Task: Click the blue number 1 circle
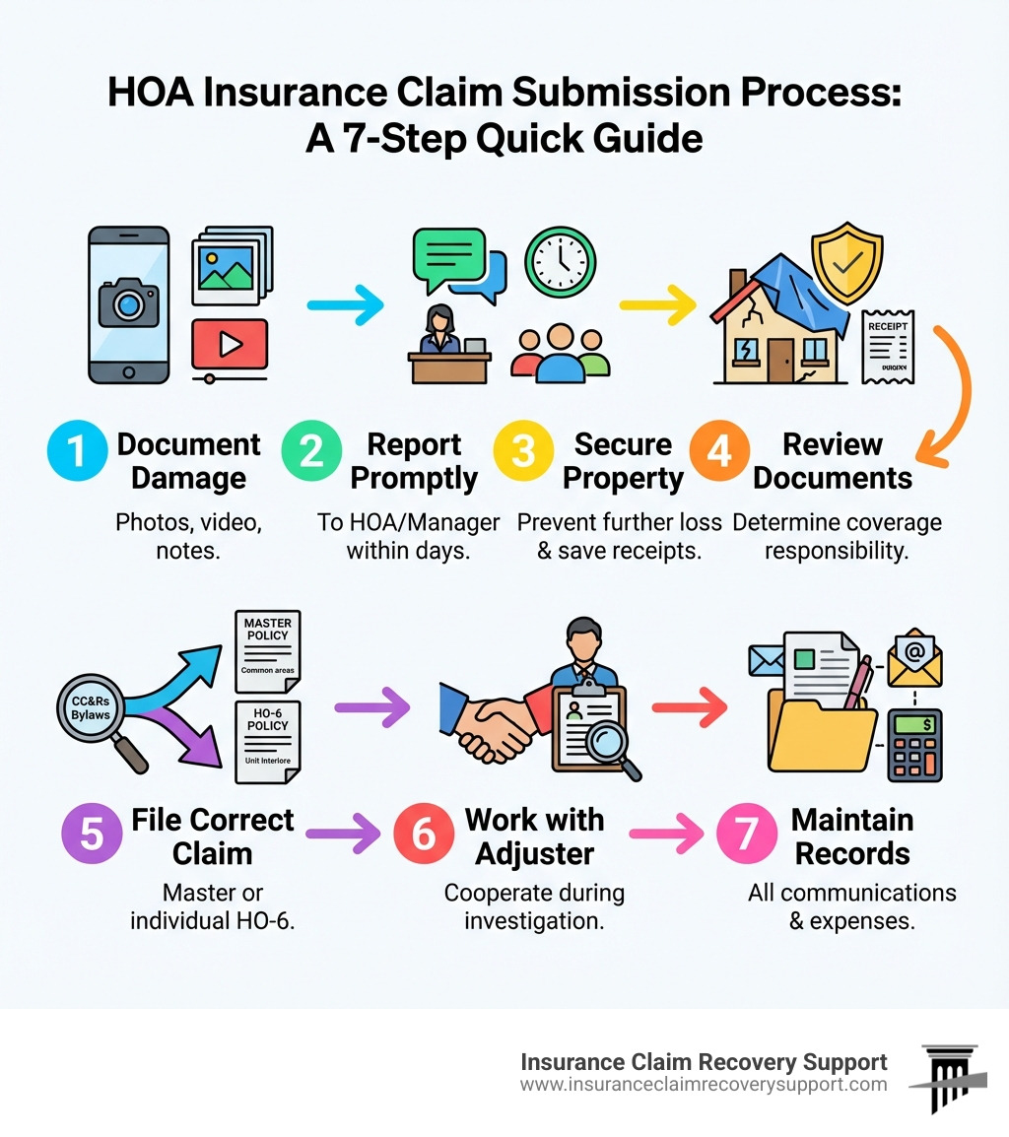[77, 452]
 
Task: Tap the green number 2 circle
[310, 452]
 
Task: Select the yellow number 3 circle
[523, 452]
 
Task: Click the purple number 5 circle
[92, 833]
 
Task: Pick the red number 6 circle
[423, 833]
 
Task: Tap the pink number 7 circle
[746, 833]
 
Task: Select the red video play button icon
[230, 344]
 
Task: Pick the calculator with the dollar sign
[913, 745]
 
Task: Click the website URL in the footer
[704, 1085]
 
